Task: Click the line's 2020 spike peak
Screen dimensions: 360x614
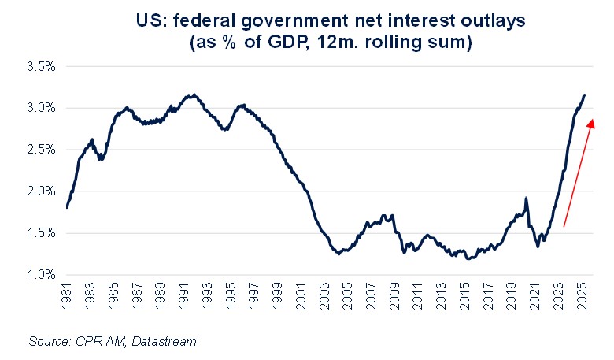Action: (x=526, y=198)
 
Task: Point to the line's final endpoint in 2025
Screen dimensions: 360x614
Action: (x=585, y=95)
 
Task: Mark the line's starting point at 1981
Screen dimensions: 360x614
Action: (x=67, y=207)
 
